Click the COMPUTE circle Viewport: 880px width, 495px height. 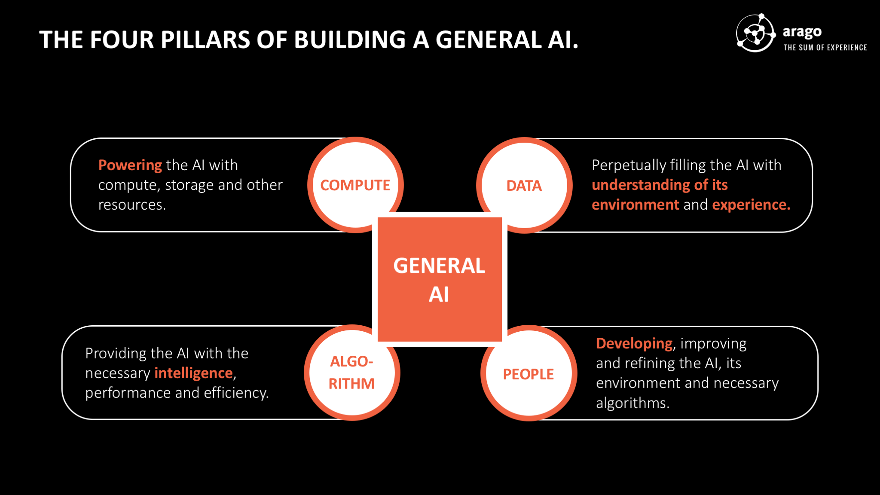pos(355,185)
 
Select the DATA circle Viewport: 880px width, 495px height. pos(524,186)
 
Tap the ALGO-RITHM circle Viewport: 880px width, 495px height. pos(351,373)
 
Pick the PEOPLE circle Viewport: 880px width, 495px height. pos(529,373)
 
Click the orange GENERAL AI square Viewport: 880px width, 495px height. pos(439,279)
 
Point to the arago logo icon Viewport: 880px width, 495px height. pos(755,33)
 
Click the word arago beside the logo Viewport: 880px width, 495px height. pos(802,32)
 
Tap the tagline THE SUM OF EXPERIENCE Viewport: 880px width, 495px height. pos(825,48)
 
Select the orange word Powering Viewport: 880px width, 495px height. pos(130,165)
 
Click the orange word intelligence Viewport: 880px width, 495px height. pos(193,373)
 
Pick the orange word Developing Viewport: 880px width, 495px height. pos(634,343)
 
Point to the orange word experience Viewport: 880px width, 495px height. pos(751,205)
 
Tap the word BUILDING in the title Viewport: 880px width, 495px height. pos(350,40)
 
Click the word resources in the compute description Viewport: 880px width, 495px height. pos(131,205)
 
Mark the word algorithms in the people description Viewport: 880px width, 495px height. pos(632,403)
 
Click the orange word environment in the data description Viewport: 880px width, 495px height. pos(635,205)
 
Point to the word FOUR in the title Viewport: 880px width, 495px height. pos(121,40)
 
